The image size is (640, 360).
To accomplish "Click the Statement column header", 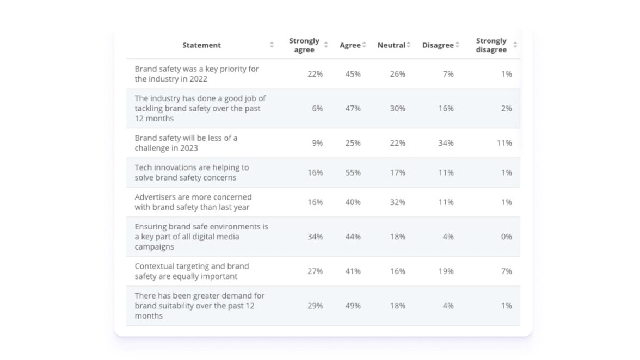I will (x=201, y=45).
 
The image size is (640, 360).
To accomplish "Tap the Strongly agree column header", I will (x=304, y=45).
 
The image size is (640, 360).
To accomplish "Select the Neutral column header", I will (x=391, y=45).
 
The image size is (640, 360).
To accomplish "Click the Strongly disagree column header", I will (x=491, y=45).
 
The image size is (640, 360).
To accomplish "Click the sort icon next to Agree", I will (x=364, y=45).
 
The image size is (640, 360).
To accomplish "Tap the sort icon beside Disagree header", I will (x=457, y=45).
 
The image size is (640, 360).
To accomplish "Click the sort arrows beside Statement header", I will (x=272, y=45).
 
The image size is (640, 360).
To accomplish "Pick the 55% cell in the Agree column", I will (x=353, y=172).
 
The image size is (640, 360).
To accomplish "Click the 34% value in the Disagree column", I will (x=446, y=143).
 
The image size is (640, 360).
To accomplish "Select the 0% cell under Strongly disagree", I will (x=506, y=237).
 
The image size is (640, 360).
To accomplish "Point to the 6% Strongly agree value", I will (x=317, y=108).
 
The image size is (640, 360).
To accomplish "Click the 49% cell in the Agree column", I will (x=353, y=306).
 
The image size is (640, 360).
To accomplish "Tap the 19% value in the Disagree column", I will (x=446, y=271).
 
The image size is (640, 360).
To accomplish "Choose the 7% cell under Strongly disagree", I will (x=506, y=271).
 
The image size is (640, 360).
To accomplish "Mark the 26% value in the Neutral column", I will (x=397, y=74).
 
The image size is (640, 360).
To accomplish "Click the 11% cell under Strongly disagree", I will (x=504, y=143).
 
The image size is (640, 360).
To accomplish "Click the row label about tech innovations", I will (x=192, y=172).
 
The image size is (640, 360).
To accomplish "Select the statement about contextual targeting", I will (x=192, y=271).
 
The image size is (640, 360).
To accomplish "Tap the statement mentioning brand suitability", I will (x=199, y=306).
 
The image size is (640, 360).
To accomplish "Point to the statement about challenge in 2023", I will (x=186, y=143).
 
